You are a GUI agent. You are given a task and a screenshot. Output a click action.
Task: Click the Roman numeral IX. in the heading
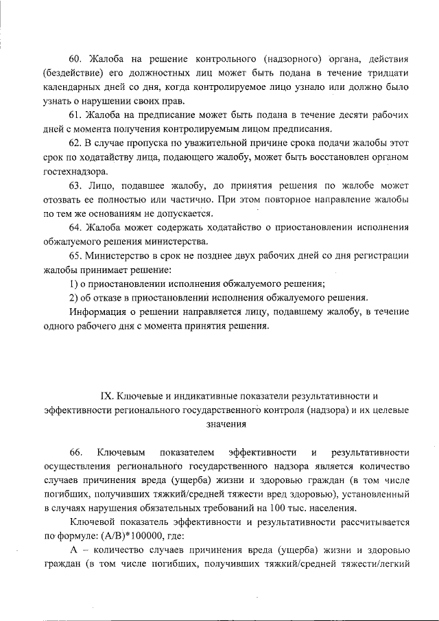pos(107,396)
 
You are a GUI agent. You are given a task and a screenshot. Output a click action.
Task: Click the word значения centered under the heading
pos(226,424)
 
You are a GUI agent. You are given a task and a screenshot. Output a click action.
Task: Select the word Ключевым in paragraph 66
pos(120,453)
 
